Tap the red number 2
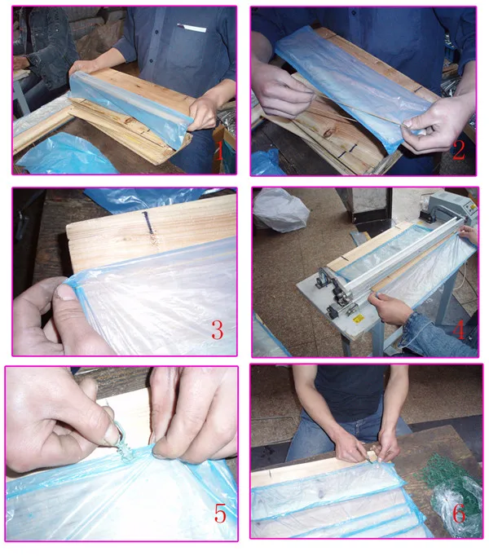(458, 150)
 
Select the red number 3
(217, 330)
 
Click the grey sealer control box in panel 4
(450, 210)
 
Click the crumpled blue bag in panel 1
(65, 155)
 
